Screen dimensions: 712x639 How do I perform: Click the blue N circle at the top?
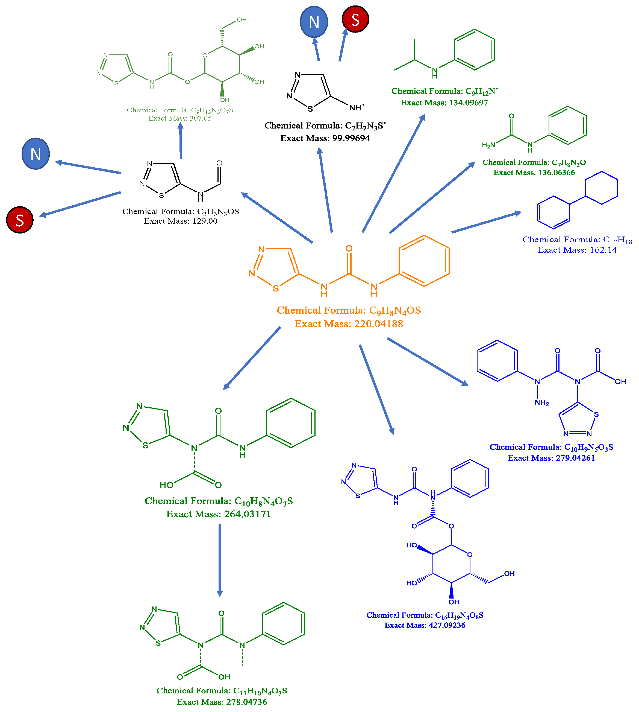[314, 22]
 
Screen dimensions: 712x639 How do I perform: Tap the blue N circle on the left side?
[36, 154]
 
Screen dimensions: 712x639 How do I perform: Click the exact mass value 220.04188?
[378, 324]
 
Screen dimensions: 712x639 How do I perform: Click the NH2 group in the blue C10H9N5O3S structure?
[541, 403]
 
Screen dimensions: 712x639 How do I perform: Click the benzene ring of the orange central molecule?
[424, 261]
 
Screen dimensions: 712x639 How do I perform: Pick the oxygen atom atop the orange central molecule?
[349, 249]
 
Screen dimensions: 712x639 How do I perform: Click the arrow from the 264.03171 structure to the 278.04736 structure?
[220, 559]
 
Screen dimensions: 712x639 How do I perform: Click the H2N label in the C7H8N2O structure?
[488, 145]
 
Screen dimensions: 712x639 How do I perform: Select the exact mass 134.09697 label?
[462, 103]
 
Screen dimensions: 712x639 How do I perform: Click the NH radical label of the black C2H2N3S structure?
[356, 107]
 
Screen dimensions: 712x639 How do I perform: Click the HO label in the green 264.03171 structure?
[166, 485]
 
